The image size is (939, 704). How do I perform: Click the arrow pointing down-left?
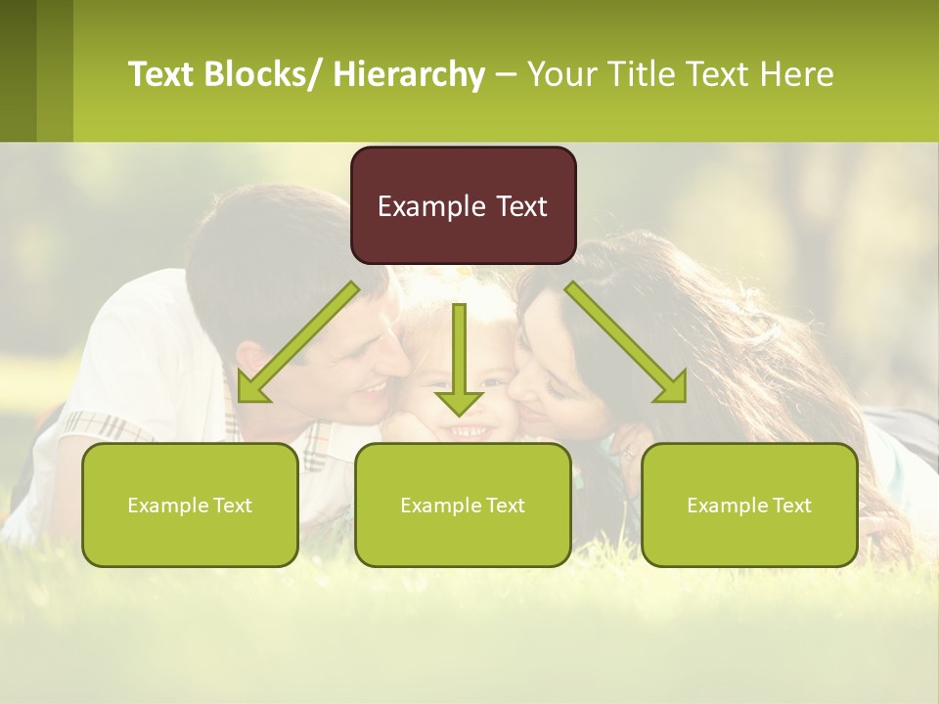coord(298,341)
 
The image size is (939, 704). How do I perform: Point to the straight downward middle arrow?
coord(459,357)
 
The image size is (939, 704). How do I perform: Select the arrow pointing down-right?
coord(626,342)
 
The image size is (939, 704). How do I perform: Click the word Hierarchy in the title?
coord(409,74)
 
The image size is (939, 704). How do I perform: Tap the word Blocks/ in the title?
coord(265,74)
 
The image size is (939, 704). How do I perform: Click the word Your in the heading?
coord(561,74)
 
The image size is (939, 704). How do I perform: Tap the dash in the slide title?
coord(505,75)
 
